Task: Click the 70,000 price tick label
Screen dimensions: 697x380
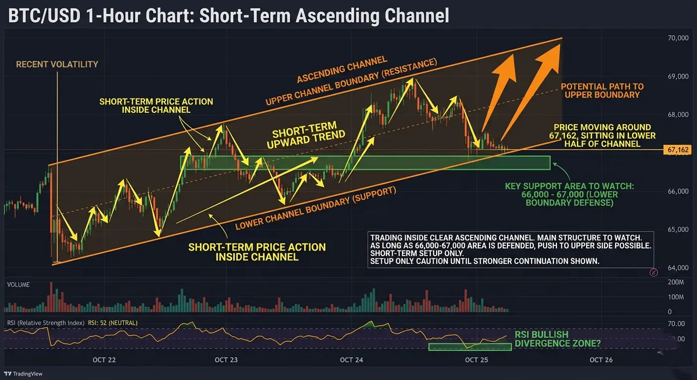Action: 678,38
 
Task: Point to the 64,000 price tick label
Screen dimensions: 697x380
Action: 678,268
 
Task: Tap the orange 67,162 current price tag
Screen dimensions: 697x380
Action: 678,150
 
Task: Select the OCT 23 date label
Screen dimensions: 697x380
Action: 226,360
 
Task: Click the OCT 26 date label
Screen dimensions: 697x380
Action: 601,360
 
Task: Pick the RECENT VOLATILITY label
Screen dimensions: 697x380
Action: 57,64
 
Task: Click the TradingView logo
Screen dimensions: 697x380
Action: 23,374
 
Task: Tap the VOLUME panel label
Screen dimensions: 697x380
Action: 18,285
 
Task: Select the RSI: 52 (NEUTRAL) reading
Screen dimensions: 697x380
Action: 113,323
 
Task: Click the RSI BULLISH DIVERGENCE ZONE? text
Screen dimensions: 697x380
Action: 557,339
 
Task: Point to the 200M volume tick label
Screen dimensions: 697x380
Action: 676,283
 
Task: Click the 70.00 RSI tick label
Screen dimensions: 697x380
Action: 677,324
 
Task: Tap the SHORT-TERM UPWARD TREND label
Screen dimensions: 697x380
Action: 306,135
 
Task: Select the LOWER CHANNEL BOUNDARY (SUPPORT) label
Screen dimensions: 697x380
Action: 315,208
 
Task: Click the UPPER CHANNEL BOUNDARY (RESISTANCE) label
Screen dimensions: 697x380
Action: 351,82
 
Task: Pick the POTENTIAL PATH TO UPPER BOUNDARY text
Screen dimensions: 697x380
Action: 602,91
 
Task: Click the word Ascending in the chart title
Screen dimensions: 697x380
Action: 337,15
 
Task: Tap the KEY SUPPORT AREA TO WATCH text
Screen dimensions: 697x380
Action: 569,186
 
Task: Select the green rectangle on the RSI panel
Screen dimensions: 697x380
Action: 470,347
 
